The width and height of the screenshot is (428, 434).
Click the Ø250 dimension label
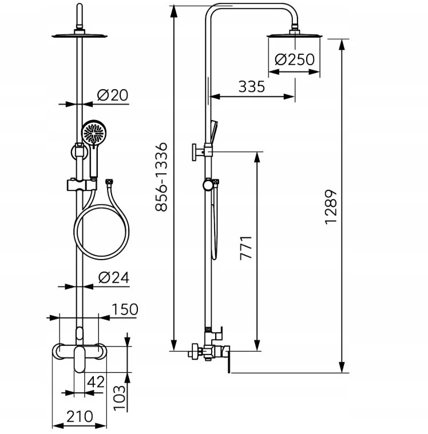[x=295, y=59]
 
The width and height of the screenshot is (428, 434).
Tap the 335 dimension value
[x=252, y=87]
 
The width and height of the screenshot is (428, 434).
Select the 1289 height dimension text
[x=331, y=207]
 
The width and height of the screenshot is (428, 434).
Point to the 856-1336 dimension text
[x=161, y=177]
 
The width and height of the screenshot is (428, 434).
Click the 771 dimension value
[x=246, y=248]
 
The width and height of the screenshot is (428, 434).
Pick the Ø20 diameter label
[x=113, y=95]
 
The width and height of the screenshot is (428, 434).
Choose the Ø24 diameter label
[x=114, y=278]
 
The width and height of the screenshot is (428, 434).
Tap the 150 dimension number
[x=125, y=309]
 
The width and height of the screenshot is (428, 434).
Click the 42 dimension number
[x=96, y=382]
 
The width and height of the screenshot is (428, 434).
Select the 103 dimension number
[x=120, y=398]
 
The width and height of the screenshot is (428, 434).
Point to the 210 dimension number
[x=80, y=416]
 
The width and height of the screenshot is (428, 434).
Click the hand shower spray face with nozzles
[x=94, y=132]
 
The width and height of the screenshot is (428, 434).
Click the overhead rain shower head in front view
[x=80, y=34]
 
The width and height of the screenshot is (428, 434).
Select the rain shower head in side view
[x=295, y=35]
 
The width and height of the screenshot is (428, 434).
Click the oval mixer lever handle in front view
[x=80, y=359]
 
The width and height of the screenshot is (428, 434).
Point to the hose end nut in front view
[x=109, y=182]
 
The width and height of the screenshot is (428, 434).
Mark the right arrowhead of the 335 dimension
[x=289, y=97]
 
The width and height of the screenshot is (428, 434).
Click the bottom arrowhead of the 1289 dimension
[x=342, y=367]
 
